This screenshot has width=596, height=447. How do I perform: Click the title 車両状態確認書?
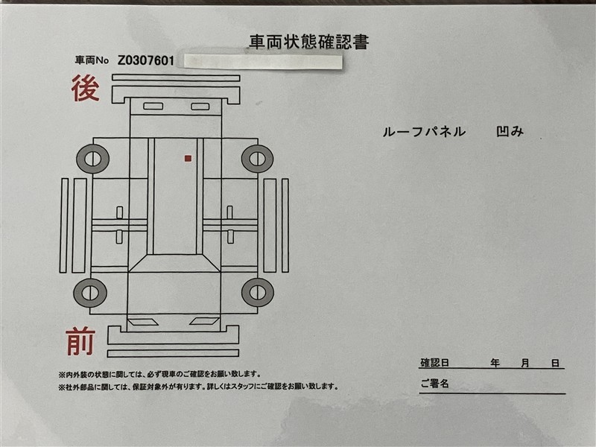[309, 42]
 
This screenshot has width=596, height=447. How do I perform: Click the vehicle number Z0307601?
[145, 60]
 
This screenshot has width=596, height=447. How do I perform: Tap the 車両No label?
[92, 60]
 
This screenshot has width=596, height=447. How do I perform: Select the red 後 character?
[86, 88]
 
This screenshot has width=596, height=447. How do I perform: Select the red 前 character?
[80, 341]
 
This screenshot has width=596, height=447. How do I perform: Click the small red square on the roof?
[188, 159]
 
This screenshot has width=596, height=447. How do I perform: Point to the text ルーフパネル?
[424, 132]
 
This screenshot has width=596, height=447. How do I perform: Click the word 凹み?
[510, 132]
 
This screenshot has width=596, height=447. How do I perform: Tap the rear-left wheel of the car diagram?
[92, 159]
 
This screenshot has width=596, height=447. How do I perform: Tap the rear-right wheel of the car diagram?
[257, 159]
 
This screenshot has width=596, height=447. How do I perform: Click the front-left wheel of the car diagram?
[90, 293]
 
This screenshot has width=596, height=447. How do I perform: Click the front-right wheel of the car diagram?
[257, 292]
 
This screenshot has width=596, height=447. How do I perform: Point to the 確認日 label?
[434, 363]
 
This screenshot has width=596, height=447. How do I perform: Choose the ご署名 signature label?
[434, 383]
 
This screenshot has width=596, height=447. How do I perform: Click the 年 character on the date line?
[495, 363]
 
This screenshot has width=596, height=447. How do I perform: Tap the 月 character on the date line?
[525, 363]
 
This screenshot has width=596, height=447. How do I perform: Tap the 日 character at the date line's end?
[556, 364]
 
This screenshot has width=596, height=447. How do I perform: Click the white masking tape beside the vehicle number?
[263, 62]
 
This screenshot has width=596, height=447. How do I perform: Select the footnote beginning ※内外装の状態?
[159, 375]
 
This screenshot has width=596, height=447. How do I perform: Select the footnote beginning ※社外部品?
[198, 387]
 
